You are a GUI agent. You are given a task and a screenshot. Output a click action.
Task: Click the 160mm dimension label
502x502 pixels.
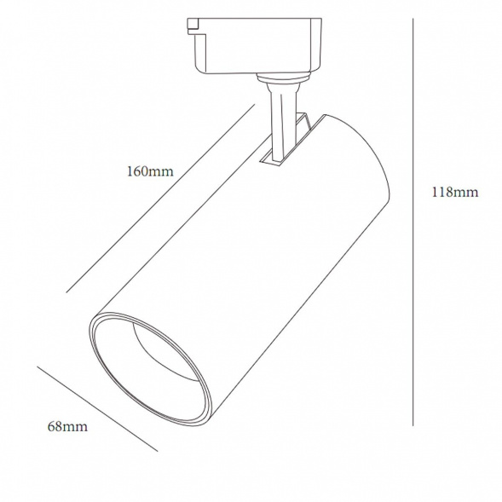150,171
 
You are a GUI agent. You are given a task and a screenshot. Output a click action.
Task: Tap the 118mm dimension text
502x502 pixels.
455,192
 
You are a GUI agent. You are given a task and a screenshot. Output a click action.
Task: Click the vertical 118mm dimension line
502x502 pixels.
413,222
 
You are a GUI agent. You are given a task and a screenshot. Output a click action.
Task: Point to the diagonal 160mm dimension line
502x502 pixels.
160,199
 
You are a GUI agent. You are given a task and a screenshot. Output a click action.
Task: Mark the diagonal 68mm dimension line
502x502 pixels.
97,409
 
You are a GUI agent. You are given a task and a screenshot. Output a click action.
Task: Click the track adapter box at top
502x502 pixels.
255,46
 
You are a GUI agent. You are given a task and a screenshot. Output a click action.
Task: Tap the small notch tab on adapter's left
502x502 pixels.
193,26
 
